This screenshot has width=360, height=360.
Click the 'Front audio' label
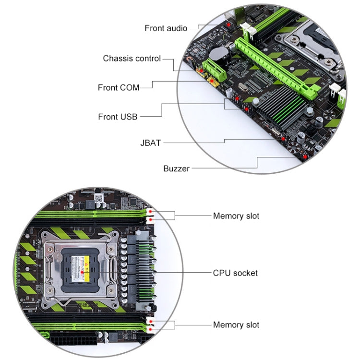click(166, 28)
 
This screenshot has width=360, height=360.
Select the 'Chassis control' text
click(132, 59)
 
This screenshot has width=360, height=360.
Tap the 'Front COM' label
click(119, 87)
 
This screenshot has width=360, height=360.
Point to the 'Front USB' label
click(118, 117)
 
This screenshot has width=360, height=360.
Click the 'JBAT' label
click(151, 143)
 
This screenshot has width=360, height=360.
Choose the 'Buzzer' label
click(176, 168)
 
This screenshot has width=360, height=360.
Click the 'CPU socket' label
click(235, 273)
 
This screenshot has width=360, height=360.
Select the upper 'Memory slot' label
click(236, 216)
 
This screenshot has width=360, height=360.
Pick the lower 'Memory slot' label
click(236, 325)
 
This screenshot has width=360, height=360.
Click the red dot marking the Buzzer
click(304, 156)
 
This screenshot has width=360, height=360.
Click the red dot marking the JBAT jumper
click(283, 139)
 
